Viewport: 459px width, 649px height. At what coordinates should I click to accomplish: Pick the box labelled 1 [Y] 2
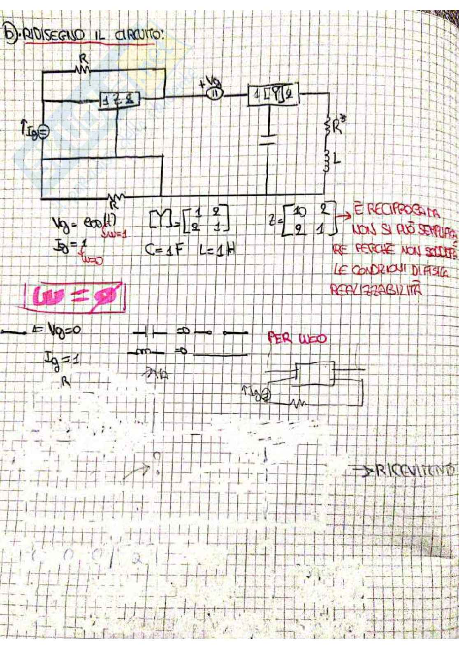coord(272,96)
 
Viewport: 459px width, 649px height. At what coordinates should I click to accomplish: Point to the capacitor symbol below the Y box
coord(268,138)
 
